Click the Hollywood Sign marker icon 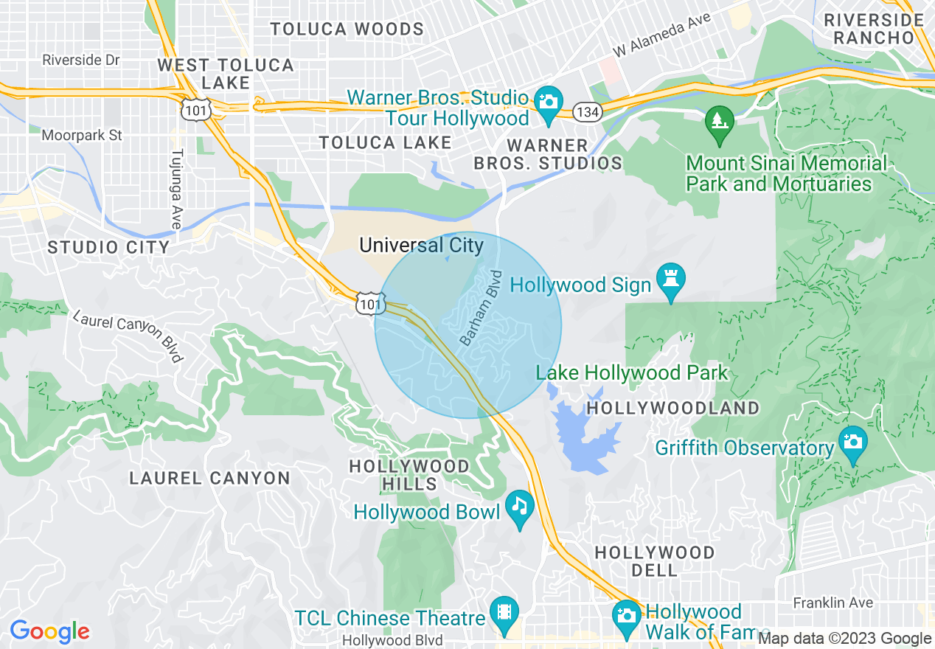[x=670, y=281]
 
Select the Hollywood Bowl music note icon [x=521, y=507]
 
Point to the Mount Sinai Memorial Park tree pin [x=719, y=122]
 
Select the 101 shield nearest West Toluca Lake [x=197, y=109]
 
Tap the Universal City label [x=421, y=245]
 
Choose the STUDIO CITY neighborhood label [x=108, y=247]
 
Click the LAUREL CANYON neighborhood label [x=209, y=478]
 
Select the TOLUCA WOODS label [x=347, y=29]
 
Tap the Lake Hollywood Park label [x=632, y=373]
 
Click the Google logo [x=49, y=631]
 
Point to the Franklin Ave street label [x=833, y=603]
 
